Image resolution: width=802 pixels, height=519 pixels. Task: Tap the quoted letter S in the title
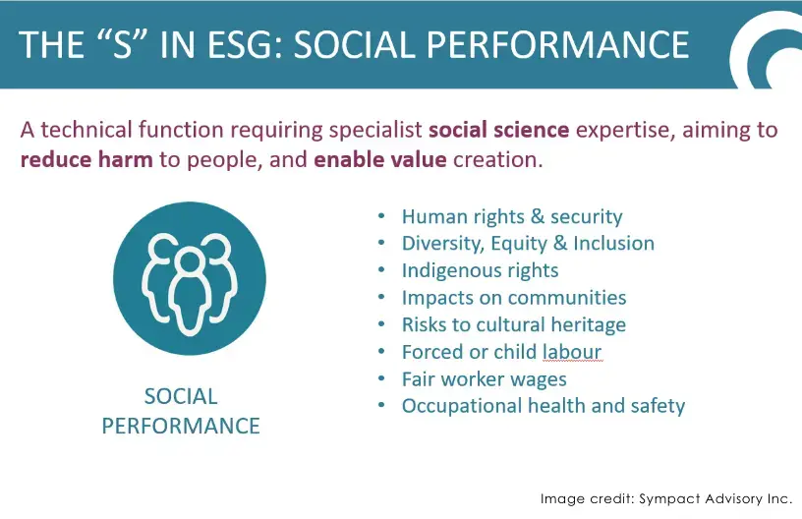(122, 44)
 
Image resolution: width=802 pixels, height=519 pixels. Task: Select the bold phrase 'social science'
(498, 130)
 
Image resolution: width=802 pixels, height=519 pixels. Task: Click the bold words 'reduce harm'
(86, 159)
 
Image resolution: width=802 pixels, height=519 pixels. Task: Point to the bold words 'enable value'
(380, 159)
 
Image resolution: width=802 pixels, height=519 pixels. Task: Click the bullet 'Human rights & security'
(512, 217)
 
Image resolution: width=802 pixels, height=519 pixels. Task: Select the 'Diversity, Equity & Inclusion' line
(528, 244)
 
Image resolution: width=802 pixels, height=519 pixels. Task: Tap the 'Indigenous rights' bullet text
(480, 271)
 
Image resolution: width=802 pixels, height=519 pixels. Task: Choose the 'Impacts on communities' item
(514, 298)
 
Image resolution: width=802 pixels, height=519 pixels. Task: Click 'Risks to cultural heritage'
(513, 324)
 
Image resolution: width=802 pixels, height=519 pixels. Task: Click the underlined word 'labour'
(572, 352)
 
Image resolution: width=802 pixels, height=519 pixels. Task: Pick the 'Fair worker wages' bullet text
(484, 379)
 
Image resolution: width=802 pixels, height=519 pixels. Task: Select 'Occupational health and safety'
(544, 406)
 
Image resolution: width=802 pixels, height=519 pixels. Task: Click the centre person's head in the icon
(190, 261)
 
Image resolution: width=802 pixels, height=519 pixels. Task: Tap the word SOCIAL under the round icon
(181, 397)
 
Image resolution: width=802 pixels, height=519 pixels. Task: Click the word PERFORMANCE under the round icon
(181, 426)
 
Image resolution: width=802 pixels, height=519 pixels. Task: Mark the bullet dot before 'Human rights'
(381, 216)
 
